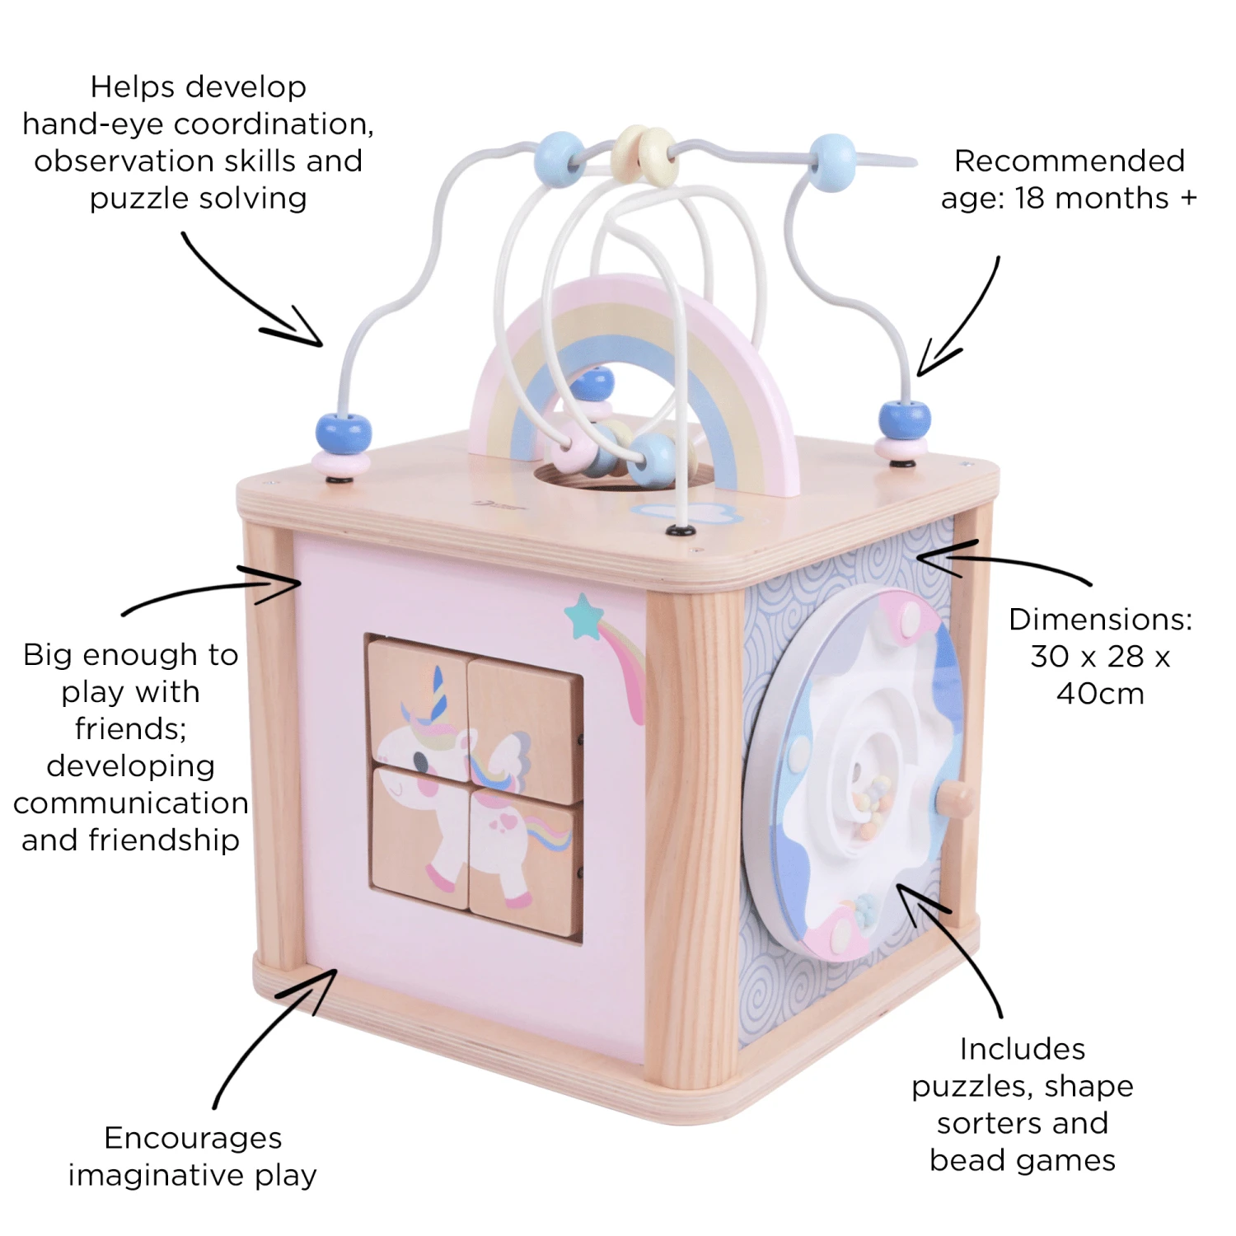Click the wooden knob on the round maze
955,798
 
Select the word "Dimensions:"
1100,619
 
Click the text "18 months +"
1105,199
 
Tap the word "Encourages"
193,1138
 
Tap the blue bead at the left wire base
343,432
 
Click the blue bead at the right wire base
904,419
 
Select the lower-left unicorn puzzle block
420,836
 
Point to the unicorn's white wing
507,754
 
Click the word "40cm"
1100,693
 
